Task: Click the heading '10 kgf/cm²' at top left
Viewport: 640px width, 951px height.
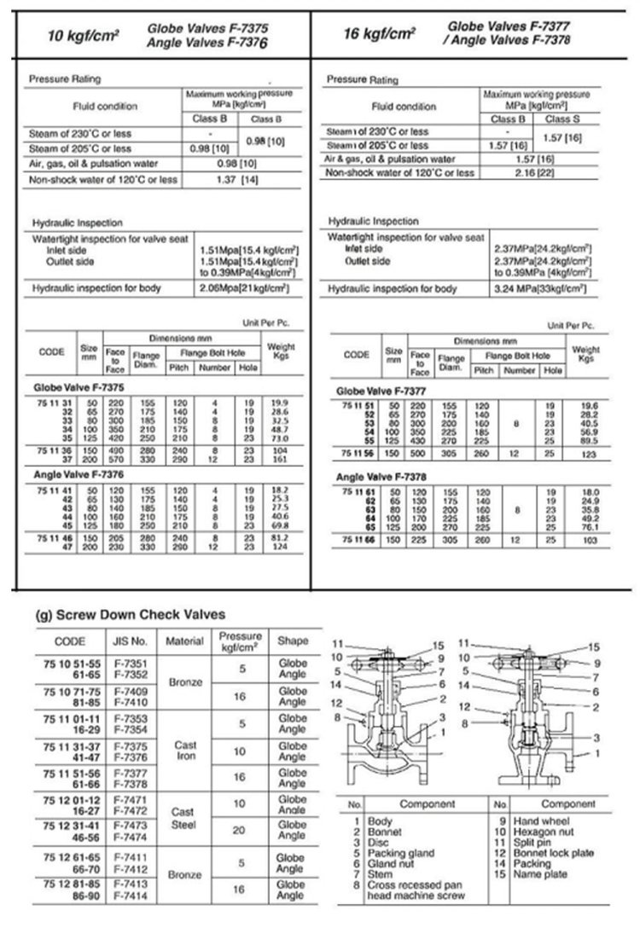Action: coord(83,35)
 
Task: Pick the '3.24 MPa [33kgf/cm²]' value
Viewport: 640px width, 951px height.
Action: coord(541,289)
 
